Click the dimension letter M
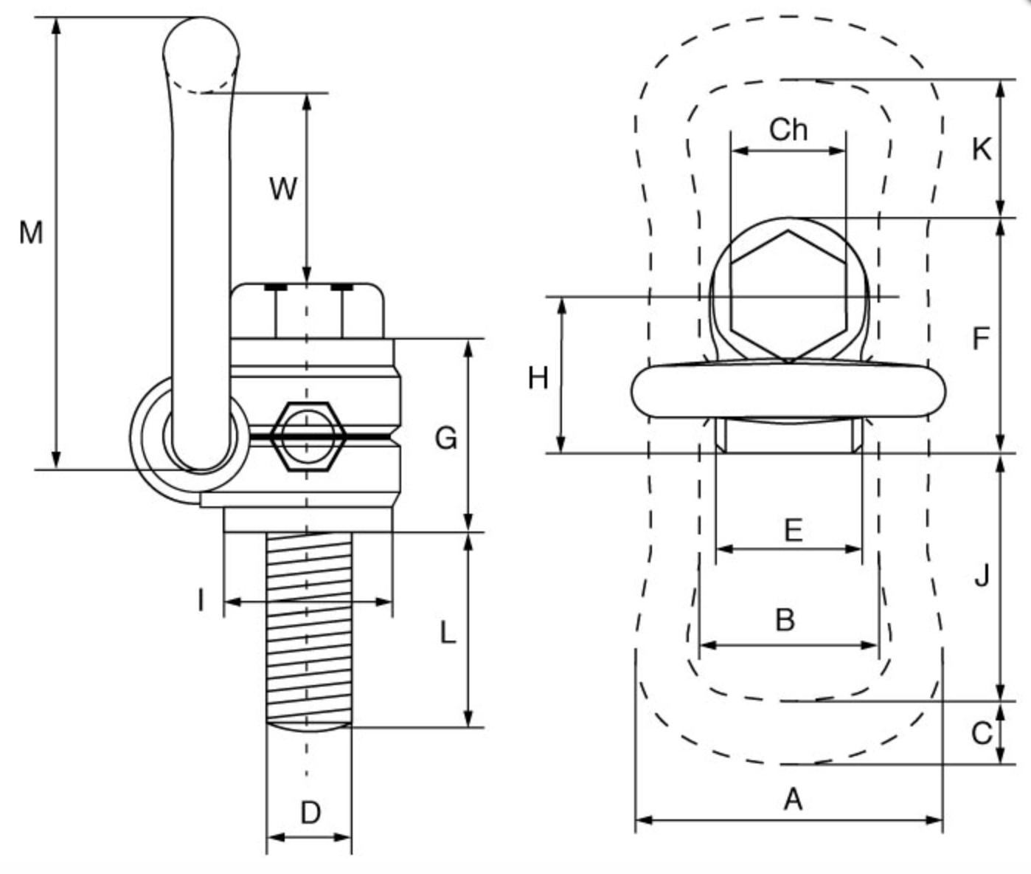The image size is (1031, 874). coord(30,233)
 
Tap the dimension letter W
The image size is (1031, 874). coord(282,188)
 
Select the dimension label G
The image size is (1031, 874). coord(445,438)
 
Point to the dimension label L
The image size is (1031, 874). coord(448,633)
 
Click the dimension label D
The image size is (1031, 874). coord(310,813)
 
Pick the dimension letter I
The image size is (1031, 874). coord(201,601)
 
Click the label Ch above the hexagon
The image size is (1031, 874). coord(788,130)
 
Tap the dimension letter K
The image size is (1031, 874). coord(981,149)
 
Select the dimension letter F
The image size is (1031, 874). coord(980,338)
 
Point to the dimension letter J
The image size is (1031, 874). coord(982,574)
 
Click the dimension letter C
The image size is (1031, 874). coord(981,733)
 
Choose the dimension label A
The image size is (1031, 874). coord(792,799)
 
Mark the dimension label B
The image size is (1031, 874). coord(785,619)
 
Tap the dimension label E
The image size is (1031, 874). coord(793,530)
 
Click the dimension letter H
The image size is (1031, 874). coord(538,378)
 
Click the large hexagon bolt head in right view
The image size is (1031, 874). coord(788,295)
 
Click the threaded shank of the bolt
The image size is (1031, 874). coord(308,627)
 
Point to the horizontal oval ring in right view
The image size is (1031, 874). coord(788,390)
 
